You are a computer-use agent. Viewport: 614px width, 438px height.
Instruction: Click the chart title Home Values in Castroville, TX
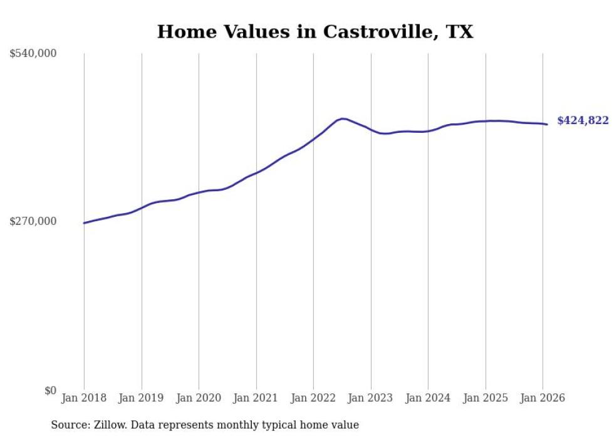tap(315, 32)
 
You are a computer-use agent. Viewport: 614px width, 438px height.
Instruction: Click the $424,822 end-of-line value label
tap(583, 121)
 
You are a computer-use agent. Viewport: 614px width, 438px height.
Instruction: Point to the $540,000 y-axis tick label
tap(33, 54)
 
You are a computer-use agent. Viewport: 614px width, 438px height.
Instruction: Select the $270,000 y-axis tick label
tap(33, 221)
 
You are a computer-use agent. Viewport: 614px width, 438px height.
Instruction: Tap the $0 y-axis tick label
tap(50, 390)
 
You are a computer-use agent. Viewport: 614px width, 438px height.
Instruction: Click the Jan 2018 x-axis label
tap(84, 399)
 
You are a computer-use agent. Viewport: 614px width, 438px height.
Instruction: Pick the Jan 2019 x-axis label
tap(142, 399)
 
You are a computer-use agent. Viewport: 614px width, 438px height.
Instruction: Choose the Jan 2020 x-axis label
tap(199, 399)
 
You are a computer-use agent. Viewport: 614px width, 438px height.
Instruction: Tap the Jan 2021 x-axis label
tap(256, 399)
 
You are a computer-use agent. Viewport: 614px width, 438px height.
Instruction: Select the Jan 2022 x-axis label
tap(313, 399)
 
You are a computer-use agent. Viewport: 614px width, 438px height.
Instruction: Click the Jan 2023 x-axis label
tap(371, 399)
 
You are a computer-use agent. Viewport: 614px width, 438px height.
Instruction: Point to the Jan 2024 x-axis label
tap(428, 399)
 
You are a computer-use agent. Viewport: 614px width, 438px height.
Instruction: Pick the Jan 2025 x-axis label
tap(486, 399)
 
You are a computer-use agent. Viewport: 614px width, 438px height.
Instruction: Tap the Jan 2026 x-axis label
tap(543, 399)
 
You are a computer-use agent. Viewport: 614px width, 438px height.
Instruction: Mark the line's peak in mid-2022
tap(342, 118)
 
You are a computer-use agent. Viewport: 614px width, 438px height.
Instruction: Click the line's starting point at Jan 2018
tap(84, 223)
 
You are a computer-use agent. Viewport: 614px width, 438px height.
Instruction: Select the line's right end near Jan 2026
tap(547, 124)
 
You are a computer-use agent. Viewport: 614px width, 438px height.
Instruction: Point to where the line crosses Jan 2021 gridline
tap(256, 172)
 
